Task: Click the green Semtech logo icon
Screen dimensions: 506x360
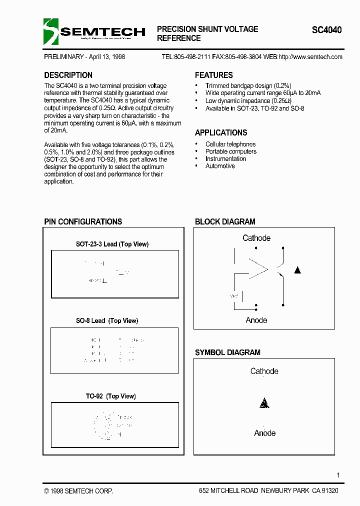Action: click(x=51, y=31)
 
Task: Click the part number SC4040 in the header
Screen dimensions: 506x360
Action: click(x=327, y=30)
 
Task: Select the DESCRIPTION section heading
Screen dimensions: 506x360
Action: click(x=68, y=75)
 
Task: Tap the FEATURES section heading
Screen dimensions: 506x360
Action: click(x=213, y=75)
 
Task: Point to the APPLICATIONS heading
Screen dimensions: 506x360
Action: click(x=220, y=133)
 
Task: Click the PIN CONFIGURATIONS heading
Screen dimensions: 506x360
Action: click(x=83, y=221)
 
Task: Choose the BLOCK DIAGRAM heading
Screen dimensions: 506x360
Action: click(x=225, y=221)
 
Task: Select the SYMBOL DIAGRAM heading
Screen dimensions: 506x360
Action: click(x=227, y=352)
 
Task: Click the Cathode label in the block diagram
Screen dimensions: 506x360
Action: click(x=256, y=238)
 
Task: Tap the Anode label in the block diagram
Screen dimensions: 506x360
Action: click(x=256, y=320)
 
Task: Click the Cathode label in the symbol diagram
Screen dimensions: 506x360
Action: click(x=264, y=371)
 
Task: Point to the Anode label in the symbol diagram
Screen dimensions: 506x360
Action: click(x=264, y=433)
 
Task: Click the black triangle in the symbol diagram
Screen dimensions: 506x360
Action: click(x=264, y=403)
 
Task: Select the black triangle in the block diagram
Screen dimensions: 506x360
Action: click(x=297, y=270)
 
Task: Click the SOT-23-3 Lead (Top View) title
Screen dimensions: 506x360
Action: click(x=112, y=244)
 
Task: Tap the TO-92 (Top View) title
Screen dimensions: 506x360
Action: click(x=110, y=396)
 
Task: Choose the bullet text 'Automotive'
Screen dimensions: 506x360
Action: click(x=220, y=166)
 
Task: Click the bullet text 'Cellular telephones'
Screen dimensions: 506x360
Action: click(x=230, y=144)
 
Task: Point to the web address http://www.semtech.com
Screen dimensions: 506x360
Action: click(x=310, y=57)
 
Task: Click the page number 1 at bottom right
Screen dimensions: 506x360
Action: click(x=338, y=475)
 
